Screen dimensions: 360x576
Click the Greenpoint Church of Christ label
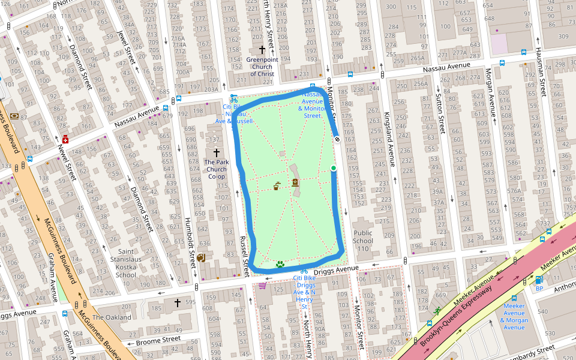pyautogui.click(x=262, y=67)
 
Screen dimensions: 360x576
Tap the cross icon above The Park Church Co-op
pyautogui.click(x=217, y=153)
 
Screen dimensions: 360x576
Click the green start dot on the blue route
pyautogui.click(x=334, y=169)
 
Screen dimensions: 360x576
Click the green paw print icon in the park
pyautogui.click(x=280, y=264)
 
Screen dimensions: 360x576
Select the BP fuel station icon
pyautogui.click(x=539, y=280)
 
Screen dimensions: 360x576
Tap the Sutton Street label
pyautogui.click(x=441, y=113)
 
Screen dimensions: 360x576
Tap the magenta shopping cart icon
pyautogui.click(x=262, y=285)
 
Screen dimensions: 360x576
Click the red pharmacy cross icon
pyautogui.click(x=65, y=140)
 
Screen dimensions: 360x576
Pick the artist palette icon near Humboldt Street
pyautogui.click(x=200, y=257)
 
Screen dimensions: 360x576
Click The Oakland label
pyautogui.click(x=112, y=317)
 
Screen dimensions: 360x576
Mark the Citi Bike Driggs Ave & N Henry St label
pyautogui.click(x=304, y=292)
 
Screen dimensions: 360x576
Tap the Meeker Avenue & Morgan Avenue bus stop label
pyautogui.click(x=514, y=316)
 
